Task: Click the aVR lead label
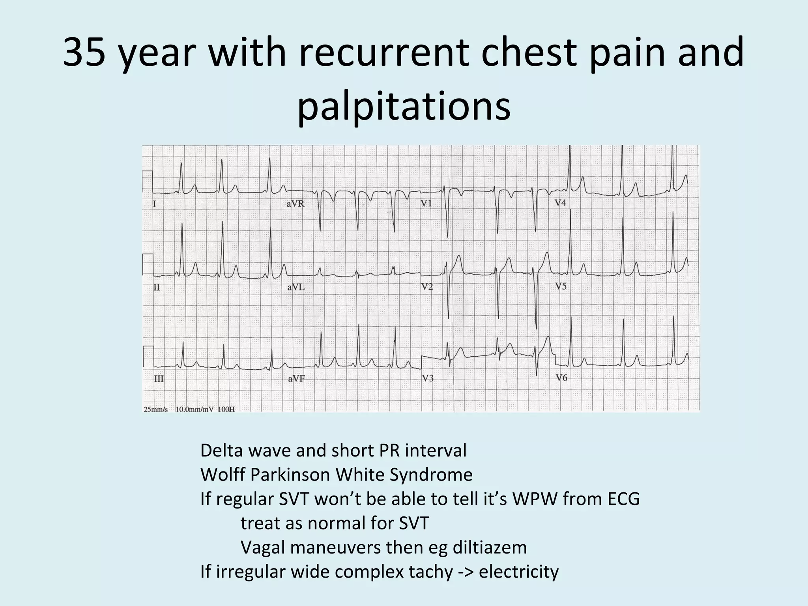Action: point(296,204)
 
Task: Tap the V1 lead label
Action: point(426,204)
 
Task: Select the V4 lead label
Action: point(560,203)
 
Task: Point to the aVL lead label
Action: point(296,288)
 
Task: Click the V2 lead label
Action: point(427,287)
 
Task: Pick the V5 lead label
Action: point(561,286)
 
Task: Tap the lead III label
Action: point(159,379)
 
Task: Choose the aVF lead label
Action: point(296,379)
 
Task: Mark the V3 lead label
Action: point(428,378)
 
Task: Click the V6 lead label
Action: point(562,378)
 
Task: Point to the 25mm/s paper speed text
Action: point(156,410)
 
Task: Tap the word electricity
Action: point(518,571)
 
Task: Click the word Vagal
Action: point(264,547)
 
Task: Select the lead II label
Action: point(157,288)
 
